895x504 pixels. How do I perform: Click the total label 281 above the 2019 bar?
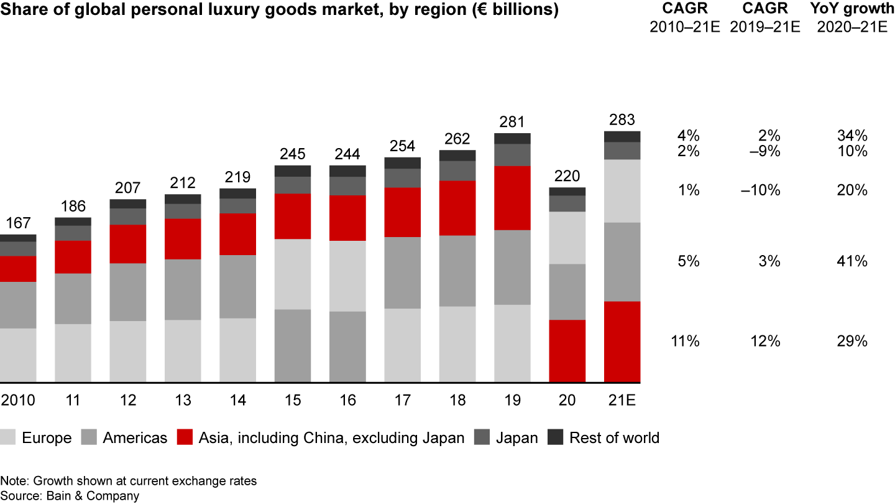pos(513,122)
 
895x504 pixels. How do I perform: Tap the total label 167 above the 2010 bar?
pos(18,223)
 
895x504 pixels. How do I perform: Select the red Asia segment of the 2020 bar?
pos(567,350)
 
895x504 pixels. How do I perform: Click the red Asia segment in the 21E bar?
pos(622,341)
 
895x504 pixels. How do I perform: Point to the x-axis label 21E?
pos(622,400)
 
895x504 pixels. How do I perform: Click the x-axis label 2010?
pos(18,400)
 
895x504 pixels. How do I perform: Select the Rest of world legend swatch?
pos(554,438)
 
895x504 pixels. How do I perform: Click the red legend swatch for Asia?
pos(184,438)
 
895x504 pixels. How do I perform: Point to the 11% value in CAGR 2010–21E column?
pos(685,341)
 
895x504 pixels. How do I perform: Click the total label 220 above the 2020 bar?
pos(567,176)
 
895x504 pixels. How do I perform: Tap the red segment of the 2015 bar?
pos(293,216)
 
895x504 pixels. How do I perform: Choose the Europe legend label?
pos(47,438)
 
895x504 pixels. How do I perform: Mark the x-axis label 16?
pos(347,400)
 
